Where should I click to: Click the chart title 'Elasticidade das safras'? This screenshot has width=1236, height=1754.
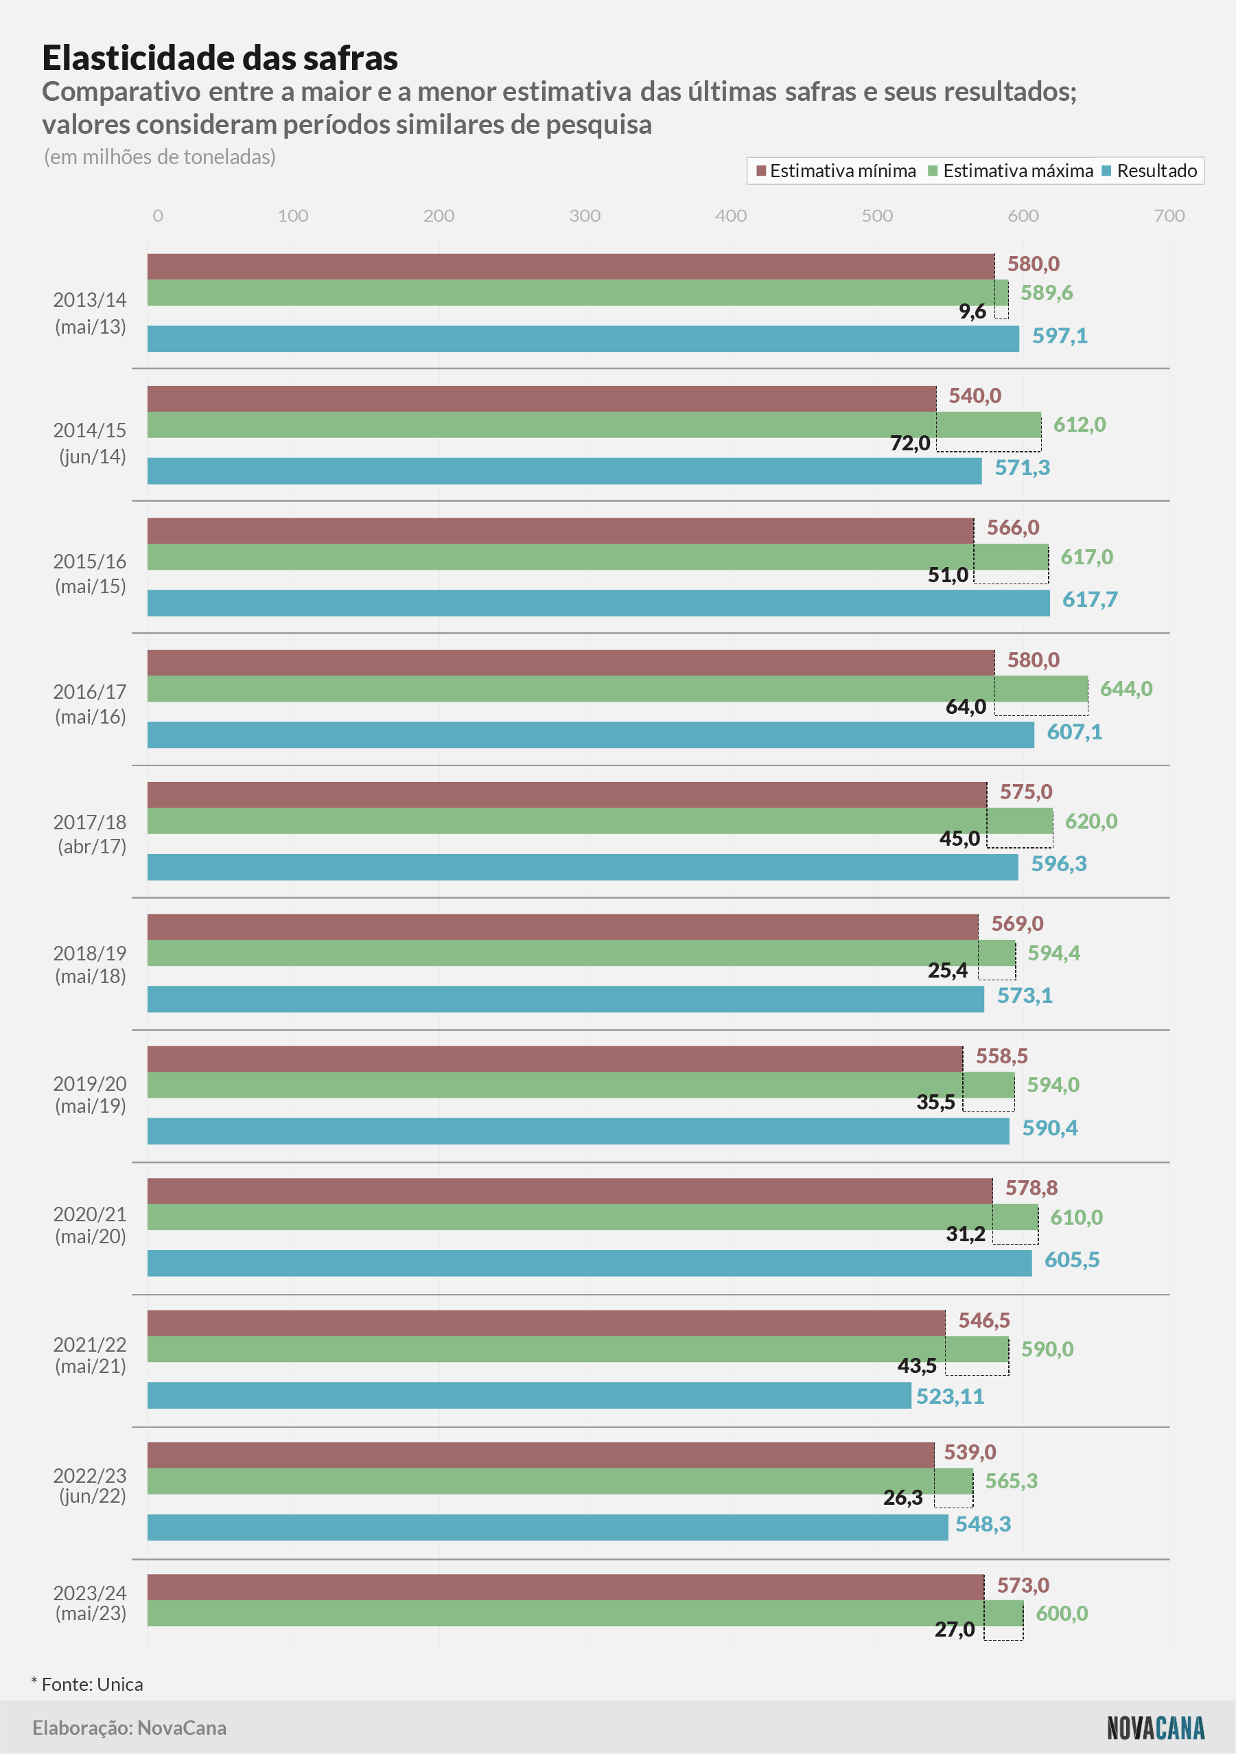[220, 58]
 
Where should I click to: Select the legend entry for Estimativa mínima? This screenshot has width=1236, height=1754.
[836, 170]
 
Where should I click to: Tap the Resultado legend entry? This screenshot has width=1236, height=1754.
[1150, 170]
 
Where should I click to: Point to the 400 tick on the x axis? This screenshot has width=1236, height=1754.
[731, 216]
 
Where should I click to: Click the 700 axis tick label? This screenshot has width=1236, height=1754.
[1169, 216]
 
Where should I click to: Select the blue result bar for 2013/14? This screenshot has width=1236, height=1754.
[583, 338]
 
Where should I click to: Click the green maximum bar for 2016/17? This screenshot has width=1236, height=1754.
[617, 689]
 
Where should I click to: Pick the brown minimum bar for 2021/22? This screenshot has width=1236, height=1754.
[546, 1322]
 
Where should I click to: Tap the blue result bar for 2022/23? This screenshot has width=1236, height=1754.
[548, 1526]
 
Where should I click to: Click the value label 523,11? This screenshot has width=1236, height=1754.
[951, 1396]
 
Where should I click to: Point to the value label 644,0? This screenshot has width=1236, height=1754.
[1126, 689]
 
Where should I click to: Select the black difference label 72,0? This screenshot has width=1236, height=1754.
[910, 443]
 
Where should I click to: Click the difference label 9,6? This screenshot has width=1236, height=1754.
[972, 311]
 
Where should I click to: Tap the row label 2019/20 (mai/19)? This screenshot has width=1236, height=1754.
[90, 1094]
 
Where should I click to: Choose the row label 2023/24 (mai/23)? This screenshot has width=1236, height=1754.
[90, 1602]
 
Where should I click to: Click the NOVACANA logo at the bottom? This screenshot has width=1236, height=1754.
[1155, 1727]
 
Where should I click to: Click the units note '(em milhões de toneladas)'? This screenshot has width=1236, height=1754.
[160, 157]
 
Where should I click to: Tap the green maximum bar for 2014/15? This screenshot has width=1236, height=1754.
[594, 425]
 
